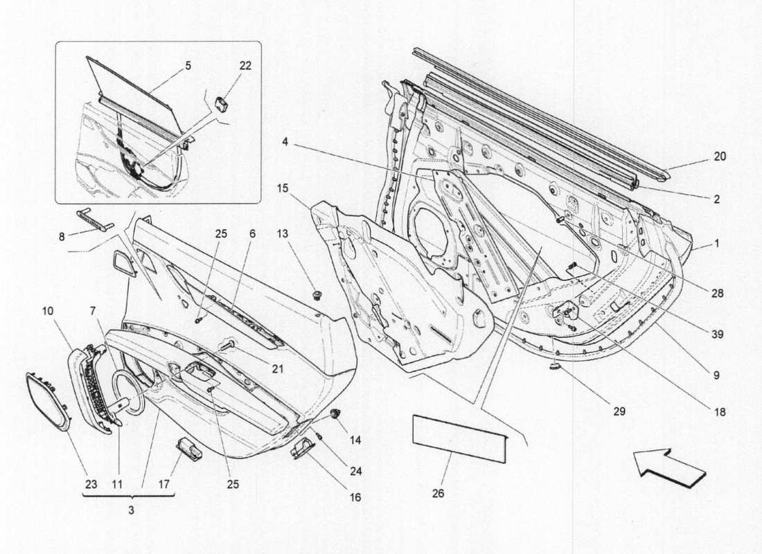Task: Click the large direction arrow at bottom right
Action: pos(668,469)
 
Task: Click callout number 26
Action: pos(438,494)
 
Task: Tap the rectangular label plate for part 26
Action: pos(459,434)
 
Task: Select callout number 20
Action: pos(720,157)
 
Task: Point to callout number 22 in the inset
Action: pos(245,66)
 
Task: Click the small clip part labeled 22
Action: pos(223,105)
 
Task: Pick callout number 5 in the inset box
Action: pos(188,66)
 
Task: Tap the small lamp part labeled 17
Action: pos(189,449)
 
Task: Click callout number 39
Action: pos(716,334)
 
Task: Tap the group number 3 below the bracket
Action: pos(131,510)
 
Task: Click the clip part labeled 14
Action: pos(337,414)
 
